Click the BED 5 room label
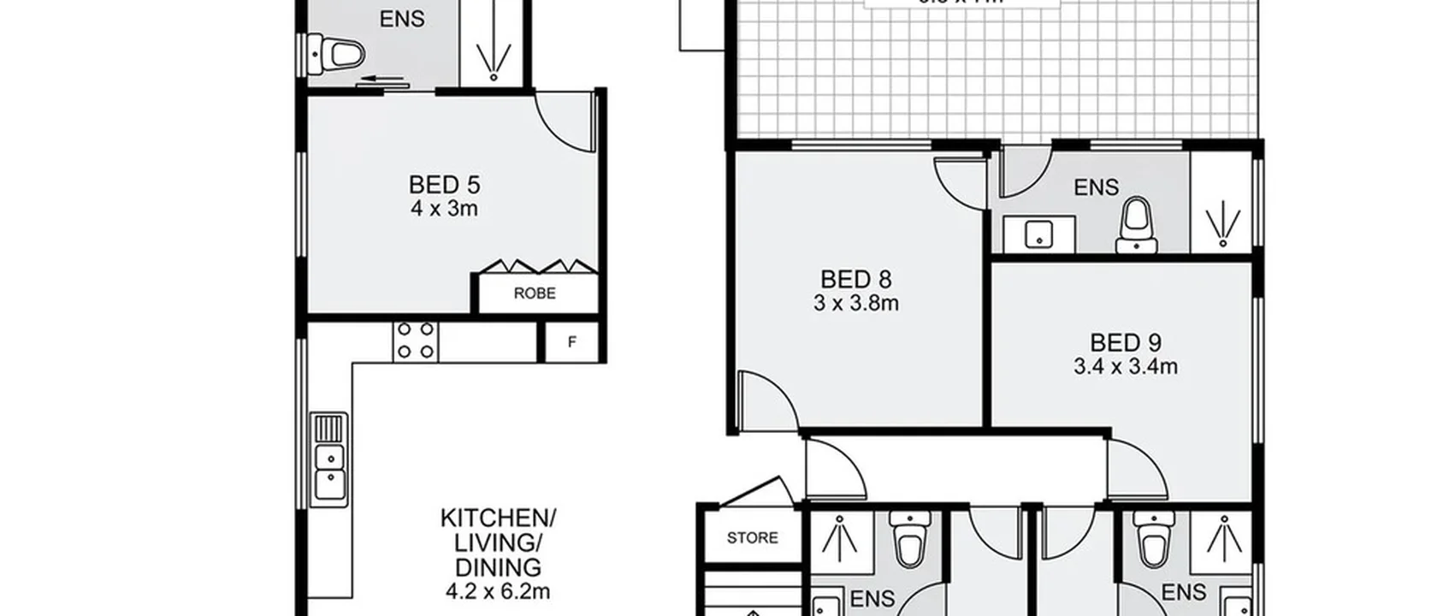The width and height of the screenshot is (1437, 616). click(444, 185)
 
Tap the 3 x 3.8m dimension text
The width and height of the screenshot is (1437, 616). click(856, 303)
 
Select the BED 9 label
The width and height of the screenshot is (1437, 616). click(1125, 343)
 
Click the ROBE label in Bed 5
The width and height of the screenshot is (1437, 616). click(535, 293)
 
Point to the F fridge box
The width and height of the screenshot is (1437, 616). click(571, 342)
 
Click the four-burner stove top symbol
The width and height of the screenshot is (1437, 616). click(416, 341)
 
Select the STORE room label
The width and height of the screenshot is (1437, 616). click(752, 538)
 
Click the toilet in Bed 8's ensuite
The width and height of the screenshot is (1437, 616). click(1137, 226)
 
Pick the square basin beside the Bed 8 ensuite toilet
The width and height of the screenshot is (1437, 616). click(1038, 233)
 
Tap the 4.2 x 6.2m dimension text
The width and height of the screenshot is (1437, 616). click(498, 591)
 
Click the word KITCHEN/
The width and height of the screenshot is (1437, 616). click(498, 518)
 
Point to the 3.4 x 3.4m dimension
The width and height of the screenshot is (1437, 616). click(1125, 367)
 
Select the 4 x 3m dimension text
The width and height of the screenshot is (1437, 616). click(444, 209)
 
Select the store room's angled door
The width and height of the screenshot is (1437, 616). click(757, 493)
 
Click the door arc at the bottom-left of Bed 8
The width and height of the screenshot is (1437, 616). click(764, 400)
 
